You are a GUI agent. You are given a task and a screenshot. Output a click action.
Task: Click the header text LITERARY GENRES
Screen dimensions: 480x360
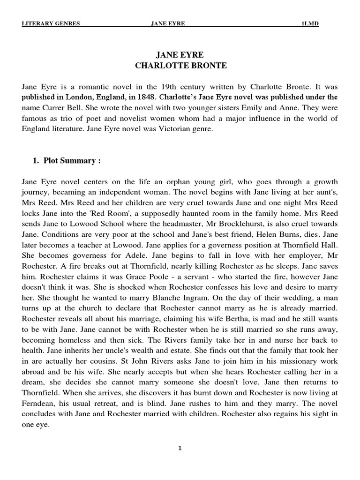pyautogui.click(x=51, y=24)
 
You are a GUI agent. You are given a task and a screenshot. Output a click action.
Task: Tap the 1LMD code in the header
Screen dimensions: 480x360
pyautogui.click(x=310, y=24)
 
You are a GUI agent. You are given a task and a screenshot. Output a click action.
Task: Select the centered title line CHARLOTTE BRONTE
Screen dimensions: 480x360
pyautogui.click(x=180, y=66)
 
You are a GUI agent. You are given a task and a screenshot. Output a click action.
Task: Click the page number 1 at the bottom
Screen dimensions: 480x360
pyautogui.click(x=180, y=448)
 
